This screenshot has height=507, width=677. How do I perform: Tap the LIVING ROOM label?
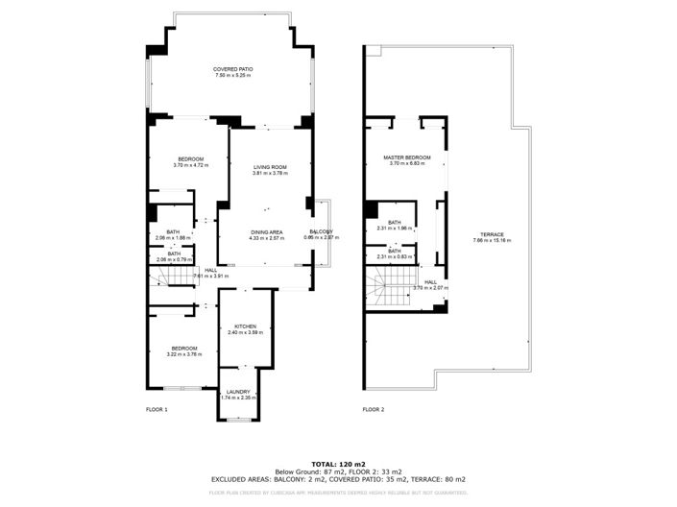tap(270, 167)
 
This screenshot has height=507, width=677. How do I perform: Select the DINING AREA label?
tap(267, 231)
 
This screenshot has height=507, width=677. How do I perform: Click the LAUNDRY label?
tap(238, 392)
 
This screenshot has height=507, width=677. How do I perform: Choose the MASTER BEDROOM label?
tap(407, 157)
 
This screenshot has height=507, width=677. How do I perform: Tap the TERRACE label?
tap(495, 234)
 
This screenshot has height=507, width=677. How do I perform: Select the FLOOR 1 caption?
tap(157, 410)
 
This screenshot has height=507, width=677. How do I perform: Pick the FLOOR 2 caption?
tap(374, 410)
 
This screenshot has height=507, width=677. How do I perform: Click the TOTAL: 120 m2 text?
tap(338, 464)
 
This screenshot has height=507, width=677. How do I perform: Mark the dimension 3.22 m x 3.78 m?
tap(184, 354)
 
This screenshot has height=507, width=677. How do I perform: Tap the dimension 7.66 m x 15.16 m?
tap(495, 241)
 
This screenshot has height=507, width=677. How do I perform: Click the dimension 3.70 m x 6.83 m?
tap(407, 164)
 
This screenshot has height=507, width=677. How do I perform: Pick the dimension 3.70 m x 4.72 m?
tap(190, 165)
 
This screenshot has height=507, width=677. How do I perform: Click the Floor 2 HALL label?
tap(431, 281)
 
